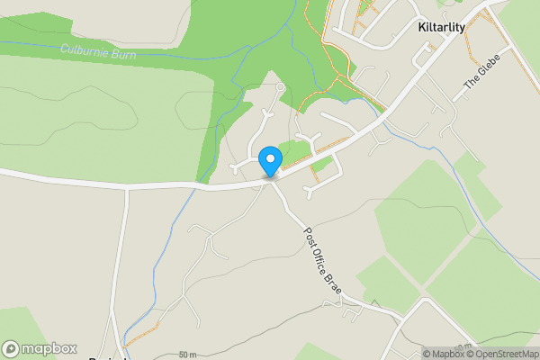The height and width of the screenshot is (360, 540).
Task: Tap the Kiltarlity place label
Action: tap(442, 28)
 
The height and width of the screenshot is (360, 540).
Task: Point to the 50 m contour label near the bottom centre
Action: tap(187, 354)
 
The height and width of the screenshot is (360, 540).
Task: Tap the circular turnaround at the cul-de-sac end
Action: tap(281, 86)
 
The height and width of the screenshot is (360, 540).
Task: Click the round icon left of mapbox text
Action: tap(12, 348)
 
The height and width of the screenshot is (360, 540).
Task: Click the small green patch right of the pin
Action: tap(292, 151)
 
